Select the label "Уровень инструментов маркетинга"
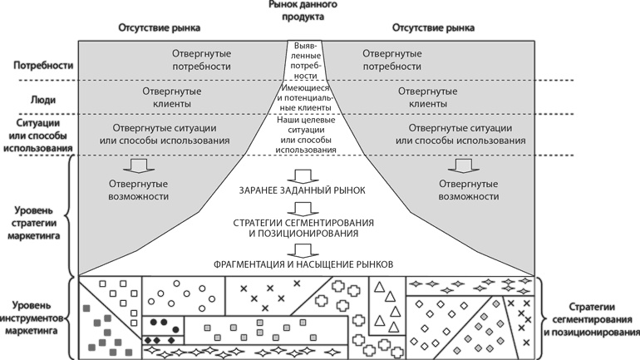click(x=34, y=318)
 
